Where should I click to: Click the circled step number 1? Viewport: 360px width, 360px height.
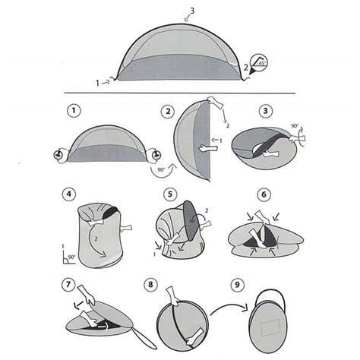[x=74, y=111]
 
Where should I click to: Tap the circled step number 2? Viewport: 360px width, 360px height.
[x=168, y=112]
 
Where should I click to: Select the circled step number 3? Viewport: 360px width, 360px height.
[x=265, y=111]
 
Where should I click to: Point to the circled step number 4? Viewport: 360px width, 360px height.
[x=69, y=194]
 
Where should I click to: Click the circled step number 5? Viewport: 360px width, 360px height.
[x=170, y=194]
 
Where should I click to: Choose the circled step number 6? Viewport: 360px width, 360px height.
[x=264, y=194]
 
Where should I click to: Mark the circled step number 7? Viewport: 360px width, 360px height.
[x=68, y=284]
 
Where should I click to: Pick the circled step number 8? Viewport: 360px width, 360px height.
[x=150, y=284]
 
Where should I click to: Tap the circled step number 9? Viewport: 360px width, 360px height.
[x=237, y=285]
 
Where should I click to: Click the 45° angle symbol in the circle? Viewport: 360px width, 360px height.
[x=258, y=62]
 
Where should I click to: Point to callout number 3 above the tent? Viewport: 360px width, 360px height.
[x=192, y=11]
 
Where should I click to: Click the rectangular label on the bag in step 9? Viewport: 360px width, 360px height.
[x=270, y=327]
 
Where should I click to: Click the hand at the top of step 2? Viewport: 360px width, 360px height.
[x=215, y=103]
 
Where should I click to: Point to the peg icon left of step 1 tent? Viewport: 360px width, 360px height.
[x=58, y=155]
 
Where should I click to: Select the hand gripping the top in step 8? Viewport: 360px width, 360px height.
[x=173, y=295]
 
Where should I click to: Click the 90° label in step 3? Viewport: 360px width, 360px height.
[x=295, y=126]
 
